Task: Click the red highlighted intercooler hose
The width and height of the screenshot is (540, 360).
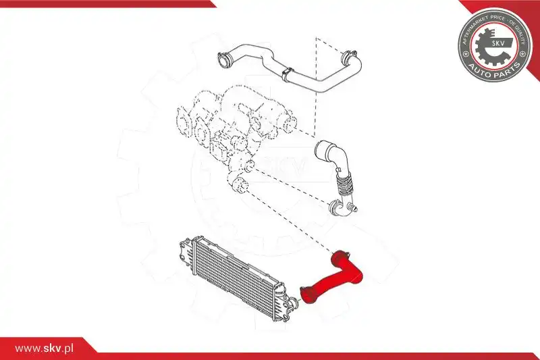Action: (344, 276)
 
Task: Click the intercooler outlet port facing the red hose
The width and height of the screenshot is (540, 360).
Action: (294, 303)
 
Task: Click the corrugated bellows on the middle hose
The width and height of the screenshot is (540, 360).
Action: (342, 184)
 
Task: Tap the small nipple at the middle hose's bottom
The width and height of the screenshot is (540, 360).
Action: (354, 207)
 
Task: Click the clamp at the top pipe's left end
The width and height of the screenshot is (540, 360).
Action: (224, 59)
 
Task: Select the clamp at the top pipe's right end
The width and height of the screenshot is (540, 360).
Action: (348, 57)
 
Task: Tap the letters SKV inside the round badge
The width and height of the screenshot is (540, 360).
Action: (498, 44)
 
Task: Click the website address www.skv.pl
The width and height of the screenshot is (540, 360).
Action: (45, 349)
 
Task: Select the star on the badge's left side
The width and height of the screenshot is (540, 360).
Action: (466, 54)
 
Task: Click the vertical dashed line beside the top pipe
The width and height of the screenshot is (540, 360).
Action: (315, 86)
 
